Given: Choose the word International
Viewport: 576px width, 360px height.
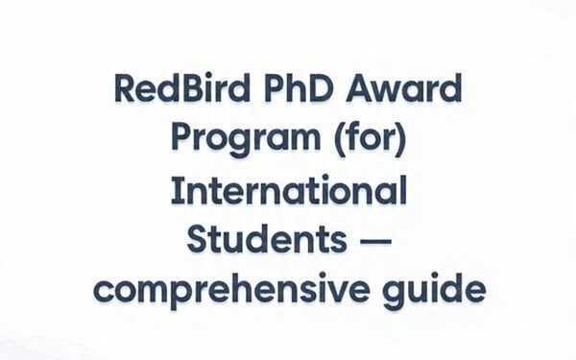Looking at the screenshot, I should (x=288, y=190).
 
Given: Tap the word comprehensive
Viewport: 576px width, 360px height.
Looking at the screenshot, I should (x=224, y=286).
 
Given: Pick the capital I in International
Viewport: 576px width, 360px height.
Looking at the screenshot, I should (x=175, y=190).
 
